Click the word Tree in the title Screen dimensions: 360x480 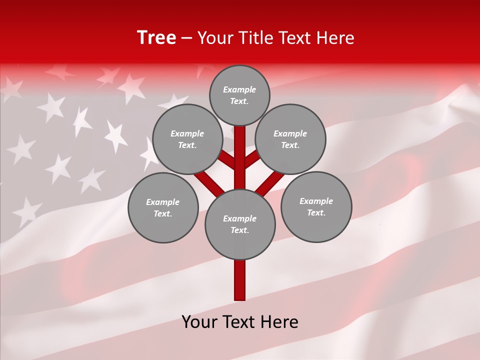click(x=156, y=38)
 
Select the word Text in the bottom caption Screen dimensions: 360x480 click(x=239, y=322)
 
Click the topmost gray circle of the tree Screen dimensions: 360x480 click(x=239, y=95)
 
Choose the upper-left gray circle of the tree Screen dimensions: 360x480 click(x=187, y=139)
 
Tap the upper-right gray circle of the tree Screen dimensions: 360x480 click(x=290, y=139)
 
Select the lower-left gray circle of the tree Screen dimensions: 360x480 click(x=163, y=207)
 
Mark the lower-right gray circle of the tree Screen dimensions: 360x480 click(x=316, y=206)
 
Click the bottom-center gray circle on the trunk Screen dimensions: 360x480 click(x=240, y=224)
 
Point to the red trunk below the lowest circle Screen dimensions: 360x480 click(x=240, y=280)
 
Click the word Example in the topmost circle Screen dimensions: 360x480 click(x=239, y=89)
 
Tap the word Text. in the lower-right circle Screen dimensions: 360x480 click(x=316, y=212)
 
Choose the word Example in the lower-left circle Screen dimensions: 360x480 click(x=162, y=202)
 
